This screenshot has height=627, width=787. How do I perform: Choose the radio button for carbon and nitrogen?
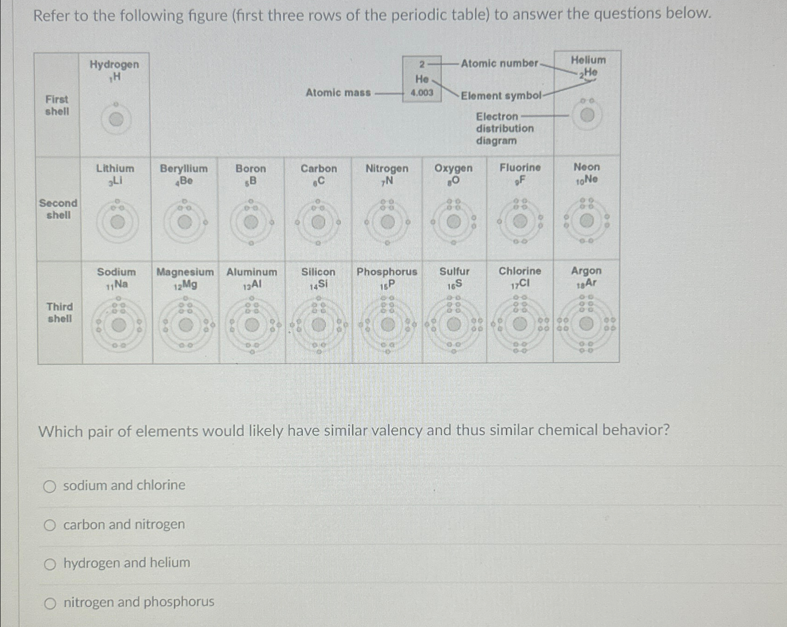point(50,525)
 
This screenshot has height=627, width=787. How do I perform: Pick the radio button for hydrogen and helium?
point(50,564)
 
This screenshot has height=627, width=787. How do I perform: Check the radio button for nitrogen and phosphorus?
point(50,603)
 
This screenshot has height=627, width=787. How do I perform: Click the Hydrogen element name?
point(114,64)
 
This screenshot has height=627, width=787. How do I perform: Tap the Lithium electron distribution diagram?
point(117,222)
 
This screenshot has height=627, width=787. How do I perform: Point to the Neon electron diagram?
point(586,221)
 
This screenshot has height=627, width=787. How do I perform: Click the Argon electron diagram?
point(586,324)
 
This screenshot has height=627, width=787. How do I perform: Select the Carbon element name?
point(319,169)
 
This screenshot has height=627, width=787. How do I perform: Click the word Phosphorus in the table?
point(387,272)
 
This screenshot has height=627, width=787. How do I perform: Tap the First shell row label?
point(57,105)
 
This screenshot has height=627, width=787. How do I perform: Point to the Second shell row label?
point(58,209)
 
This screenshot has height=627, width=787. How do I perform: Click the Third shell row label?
point(60,313)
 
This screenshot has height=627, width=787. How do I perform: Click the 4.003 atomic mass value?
point(422,93)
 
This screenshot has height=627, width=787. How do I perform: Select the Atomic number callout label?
point(499,63)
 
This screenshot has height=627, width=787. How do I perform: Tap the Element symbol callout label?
point(501,96)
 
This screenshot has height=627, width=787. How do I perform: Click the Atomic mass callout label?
point(338,93)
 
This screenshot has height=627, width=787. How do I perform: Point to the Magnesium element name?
point(185,272)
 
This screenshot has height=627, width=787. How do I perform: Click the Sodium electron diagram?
point(119,325)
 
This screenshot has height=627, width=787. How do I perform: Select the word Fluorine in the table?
point(520,168)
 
